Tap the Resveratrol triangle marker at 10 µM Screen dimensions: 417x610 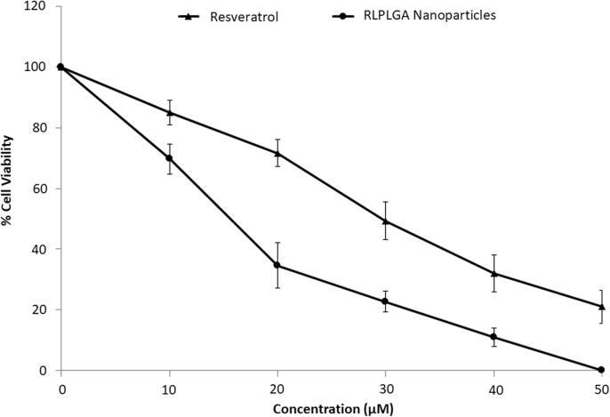169,112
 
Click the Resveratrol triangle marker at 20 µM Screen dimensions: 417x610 277,153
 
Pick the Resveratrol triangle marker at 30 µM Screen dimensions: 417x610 385,221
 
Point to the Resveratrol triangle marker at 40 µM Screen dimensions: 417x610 494,273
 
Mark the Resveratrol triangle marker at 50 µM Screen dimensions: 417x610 601,307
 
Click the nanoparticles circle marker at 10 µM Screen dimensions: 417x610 169,158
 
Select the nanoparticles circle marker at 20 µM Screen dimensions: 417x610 277,265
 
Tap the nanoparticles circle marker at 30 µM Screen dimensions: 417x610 385,301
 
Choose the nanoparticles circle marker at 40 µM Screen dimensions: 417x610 494,337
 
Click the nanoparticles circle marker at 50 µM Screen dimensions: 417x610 601,370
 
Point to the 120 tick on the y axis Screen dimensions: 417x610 38,6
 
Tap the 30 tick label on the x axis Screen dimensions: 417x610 385,388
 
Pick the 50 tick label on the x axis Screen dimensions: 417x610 600,388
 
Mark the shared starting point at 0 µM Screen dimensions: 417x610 60,67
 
